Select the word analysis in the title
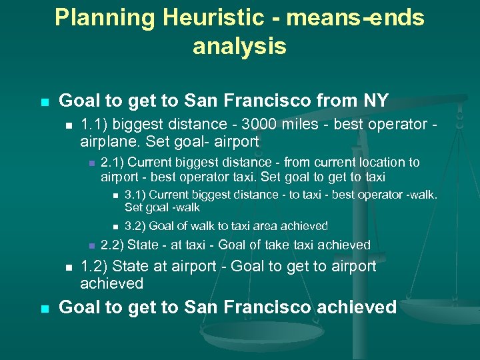(x=239, y=47)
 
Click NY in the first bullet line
(x=376, y=101)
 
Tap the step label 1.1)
(x=93, y=125)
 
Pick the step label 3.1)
(x=135, y=195)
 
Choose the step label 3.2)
(x=135, y=226)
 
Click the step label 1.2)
(x=94, y=267)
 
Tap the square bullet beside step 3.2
(x=115, y=227)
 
